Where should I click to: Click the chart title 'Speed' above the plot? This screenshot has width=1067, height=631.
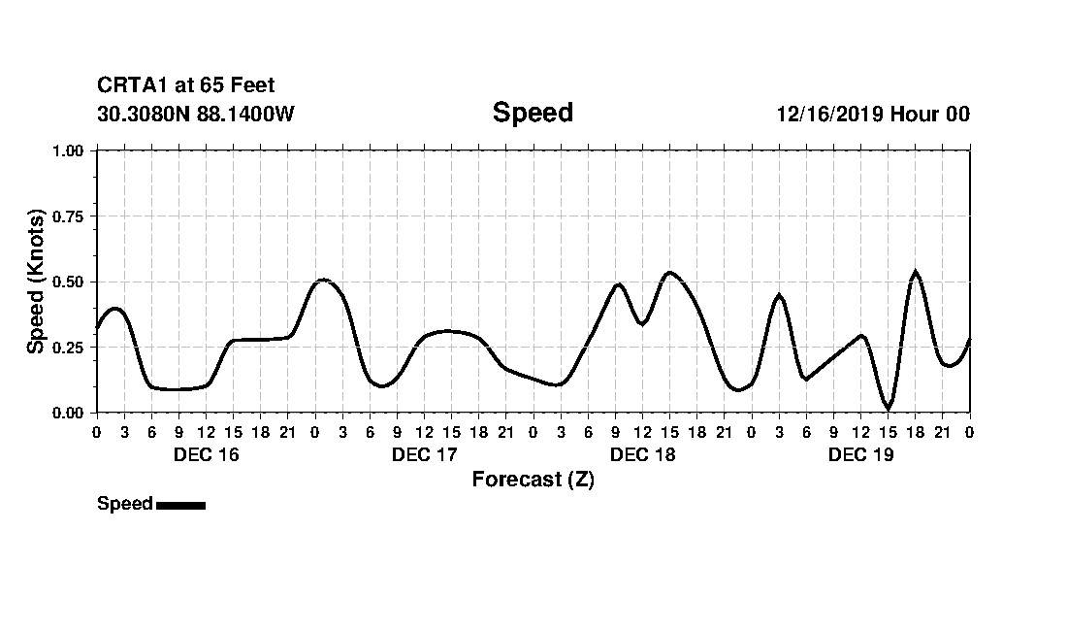(533, 113)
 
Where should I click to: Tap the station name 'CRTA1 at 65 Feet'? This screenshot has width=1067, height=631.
(185, 86)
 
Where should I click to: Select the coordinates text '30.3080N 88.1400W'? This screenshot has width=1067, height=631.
(196, 115)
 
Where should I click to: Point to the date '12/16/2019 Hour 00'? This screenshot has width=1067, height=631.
(873, 115)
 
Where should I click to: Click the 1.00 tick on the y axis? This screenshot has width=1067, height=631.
(71, 150)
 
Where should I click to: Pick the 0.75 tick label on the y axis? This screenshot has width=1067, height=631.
(71, 216)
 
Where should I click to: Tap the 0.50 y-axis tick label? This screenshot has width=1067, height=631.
(71, 282)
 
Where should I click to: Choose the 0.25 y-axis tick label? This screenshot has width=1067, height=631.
(71, 348)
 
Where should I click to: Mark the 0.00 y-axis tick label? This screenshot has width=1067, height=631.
(71, 413)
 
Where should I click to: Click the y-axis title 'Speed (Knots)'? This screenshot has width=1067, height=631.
(36, 282)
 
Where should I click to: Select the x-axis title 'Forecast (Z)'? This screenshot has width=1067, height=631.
(533, 480)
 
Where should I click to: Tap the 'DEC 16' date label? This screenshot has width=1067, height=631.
(207, 454)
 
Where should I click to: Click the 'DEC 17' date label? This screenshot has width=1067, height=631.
(425, 454)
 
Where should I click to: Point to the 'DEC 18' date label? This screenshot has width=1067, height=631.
(643, 454)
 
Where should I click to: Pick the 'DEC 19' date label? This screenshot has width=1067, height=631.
(861, 454)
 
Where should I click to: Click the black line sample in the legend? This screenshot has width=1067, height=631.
(180, 505)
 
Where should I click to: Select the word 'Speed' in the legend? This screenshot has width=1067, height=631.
(125, 504)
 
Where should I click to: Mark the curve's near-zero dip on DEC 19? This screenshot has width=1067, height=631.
(888, 408)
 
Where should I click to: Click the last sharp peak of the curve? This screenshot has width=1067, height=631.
(915, 273)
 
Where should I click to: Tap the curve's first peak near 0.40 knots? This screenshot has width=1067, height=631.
(115, 309)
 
